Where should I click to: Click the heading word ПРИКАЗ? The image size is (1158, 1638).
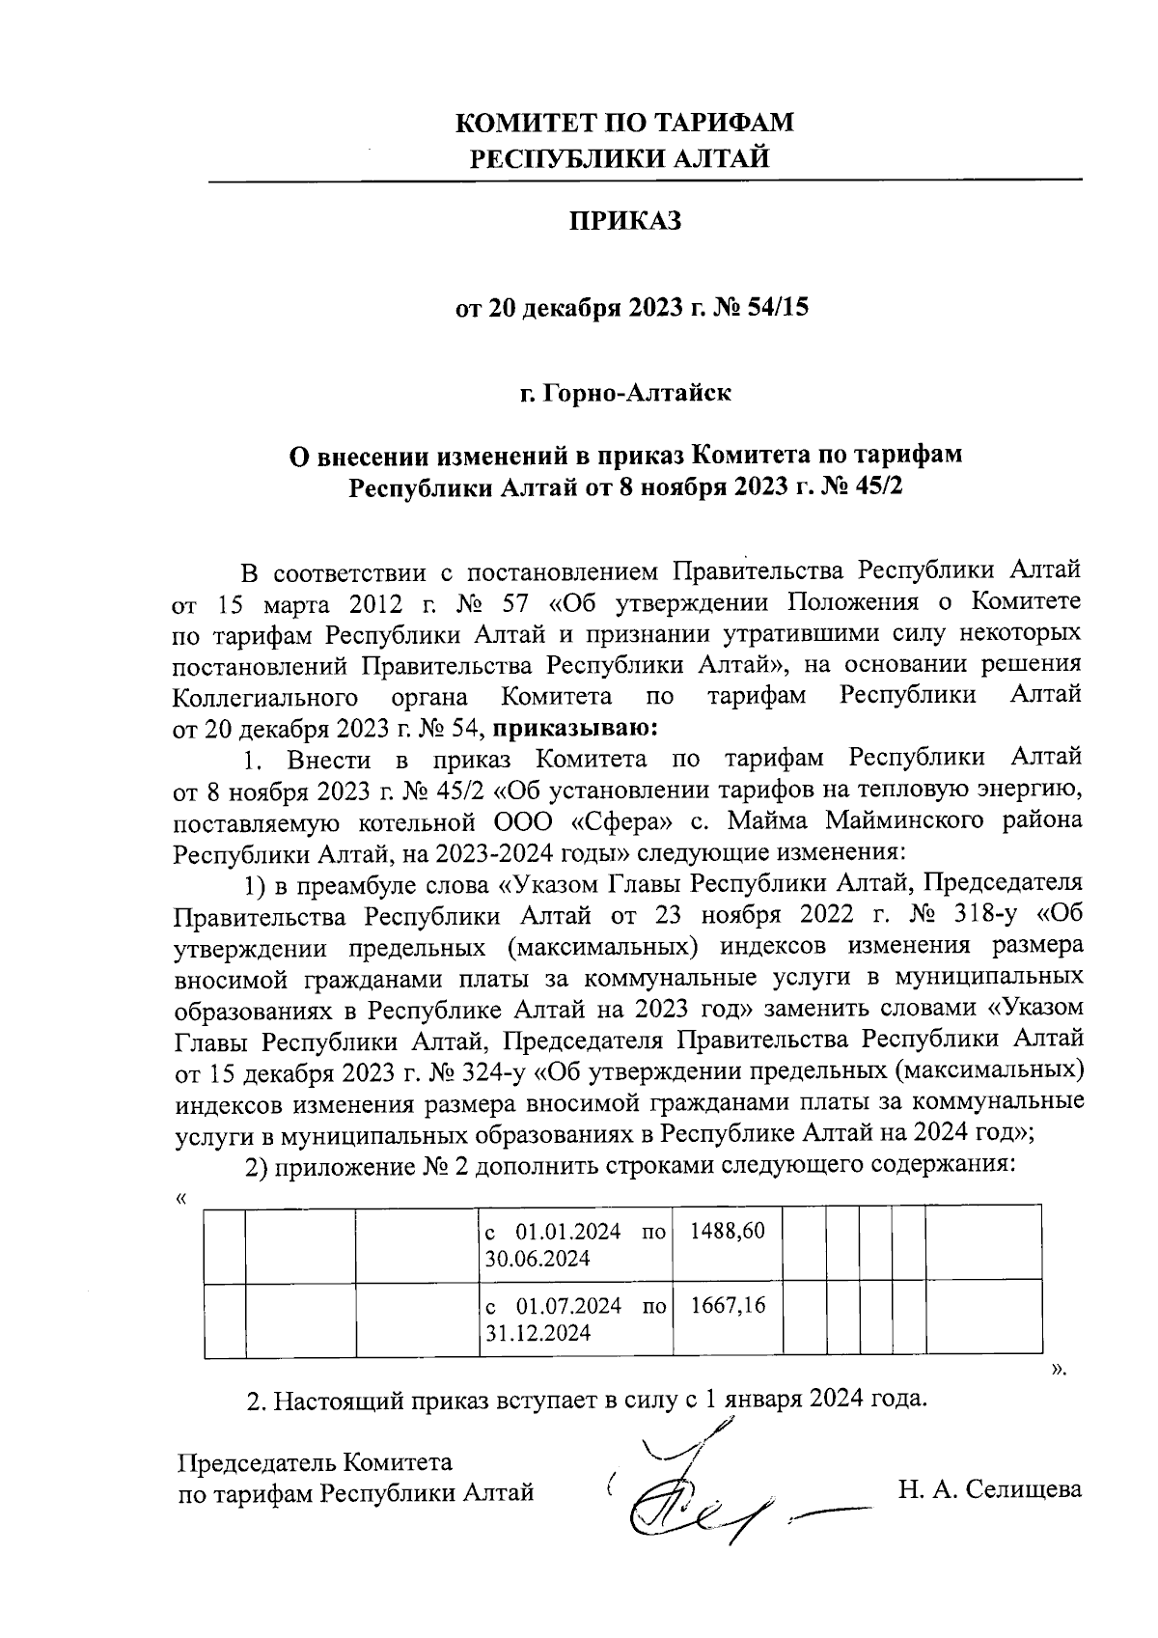point(623,221)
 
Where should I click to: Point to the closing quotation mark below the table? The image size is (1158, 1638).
point(1059,1369)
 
